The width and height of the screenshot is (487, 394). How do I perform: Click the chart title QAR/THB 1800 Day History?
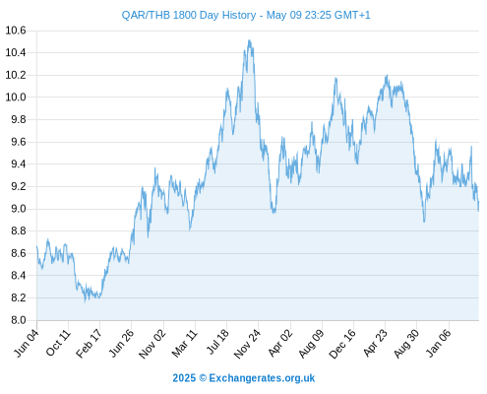(189, 15)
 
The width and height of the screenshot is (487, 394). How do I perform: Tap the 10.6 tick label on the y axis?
(16, 31)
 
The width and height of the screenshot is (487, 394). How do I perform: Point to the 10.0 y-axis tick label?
(16, 98)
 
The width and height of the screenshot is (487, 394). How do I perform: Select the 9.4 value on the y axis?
(19, 164)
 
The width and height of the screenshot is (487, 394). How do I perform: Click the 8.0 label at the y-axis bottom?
(19, 320)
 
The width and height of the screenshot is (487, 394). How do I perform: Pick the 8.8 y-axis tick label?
(19, 230)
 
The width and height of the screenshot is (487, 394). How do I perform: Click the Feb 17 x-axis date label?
(89, 344)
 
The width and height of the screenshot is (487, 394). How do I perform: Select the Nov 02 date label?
(152, 344)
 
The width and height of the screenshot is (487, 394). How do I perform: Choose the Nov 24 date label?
(247, 344)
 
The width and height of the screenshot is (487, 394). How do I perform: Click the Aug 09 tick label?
(311, 344)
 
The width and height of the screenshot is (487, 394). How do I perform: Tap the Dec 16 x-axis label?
(342, 344)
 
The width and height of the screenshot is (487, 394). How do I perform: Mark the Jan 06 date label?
(439, 343)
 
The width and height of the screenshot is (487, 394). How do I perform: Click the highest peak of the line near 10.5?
(250, 40)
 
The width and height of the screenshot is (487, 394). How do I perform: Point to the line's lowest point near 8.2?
(85, 301)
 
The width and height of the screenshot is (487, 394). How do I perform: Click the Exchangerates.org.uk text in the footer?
(262, 378)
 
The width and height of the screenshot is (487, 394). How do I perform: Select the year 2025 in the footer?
(184, 378)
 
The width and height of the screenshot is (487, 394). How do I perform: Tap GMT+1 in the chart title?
(352, 15)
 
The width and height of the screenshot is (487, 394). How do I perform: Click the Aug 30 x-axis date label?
(406, 344)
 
